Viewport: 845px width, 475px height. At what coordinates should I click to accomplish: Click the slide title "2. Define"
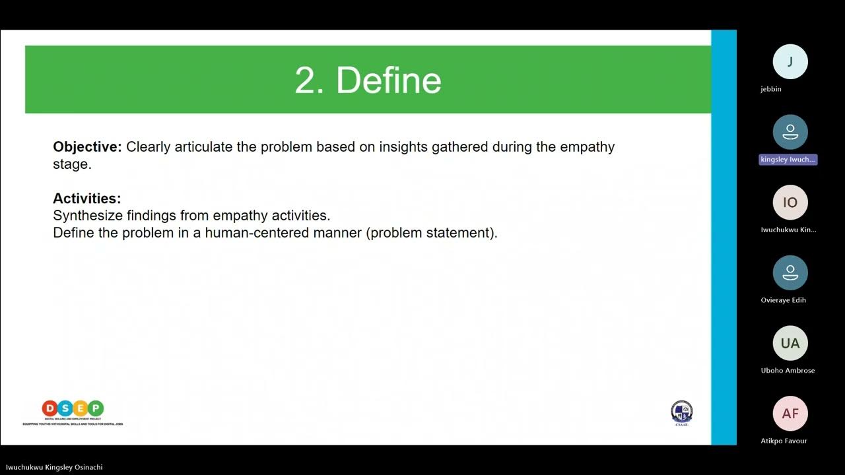(x=368, y=80)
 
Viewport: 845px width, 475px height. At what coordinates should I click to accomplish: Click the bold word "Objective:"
(x=87, y=147)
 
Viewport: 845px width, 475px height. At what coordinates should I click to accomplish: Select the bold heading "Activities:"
(x=86, y=199)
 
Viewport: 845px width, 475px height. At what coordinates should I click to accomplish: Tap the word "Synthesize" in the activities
(x=86, y=216)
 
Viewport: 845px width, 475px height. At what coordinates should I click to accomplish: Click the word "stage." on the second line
(x=72, y=164)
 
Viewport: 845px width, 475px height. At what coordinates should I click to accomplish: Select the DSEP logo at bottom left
(x=73, y=412)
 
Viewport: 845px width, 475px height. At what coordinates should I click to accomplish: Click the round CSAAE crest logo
(x=681, y=412)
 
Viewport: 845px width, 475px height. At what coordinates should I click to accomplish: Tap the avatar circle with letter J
(x=790, y=62)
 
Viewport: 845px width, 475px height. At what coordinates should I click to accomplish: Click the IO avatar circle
(x=790, y=203)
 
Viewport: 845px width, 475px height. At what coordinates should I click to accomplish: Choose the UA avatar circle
(x=790, y=343)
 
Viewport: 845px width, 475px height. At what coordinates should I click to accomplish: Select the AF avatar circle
(x=790, y=414)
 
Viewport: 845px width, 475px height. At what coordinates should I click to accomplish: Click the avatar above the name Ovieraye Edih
(x=790, y=272)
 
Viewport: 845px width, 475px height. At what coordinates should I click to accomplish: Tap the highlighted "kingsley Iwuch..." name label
(x=788, y=160)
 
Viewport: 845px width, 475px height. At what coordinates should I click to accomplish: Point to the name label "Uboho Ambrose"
(x=788, y=370)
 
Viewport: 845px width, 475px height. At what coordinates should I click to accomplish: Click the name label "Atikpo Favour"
(x=784, y=441)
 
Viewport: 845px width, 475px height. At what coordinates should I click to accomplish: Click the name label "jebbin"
(x=770, y=89)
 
